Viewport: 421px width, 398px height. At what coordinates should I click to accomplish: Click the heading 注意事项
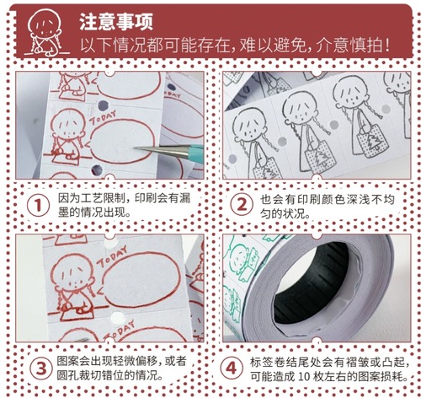[116, 22]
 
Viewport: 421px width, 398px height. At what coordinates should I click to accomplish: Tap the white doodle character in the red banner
[45, 32]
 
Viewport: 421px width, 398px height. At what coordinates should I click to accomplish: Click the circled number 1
[38, 206]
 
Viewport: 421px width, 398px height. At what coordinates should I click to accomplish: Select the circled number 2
[242, 205]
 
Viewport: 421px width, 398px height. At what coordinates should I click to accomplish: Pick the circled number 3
[41, 368]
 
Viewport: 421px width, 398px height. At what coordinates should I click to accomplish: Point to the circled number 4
[232, 368]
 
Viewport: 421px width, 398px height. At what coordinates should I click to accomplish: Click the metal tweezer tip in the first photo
[136, 148]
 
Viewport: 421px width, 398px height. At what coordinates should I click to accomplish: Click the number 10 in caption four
[304, 376]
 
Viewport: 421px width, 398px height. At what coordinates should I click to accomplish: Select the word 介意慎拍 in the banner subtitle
[349, 45]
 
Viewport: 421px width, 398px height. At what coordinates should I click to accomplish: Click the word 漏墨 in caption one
[125, 205]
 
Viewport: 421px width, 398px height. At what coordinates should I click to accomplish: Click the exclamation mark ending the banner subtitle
[387, 45]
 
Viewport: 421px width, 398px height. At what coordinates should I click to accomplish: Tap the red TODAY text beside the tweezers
[103, 118]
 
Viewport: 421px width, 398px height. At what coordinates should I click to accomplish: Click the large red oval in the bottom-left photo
[141, 280]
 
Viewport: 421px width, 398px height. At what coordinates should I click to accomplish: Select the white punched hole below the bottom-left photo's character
[117, 318]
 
